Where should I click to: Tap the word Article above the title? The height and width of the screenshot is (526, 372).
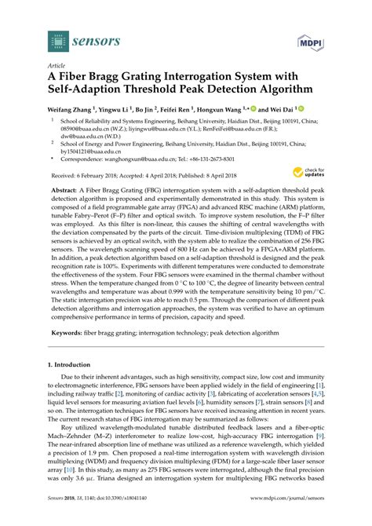pyautogui.click(x=57, y=67)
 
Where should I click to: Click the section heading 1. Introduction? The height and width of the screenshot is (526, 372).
pyautogui.click(x=73, y=365)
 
